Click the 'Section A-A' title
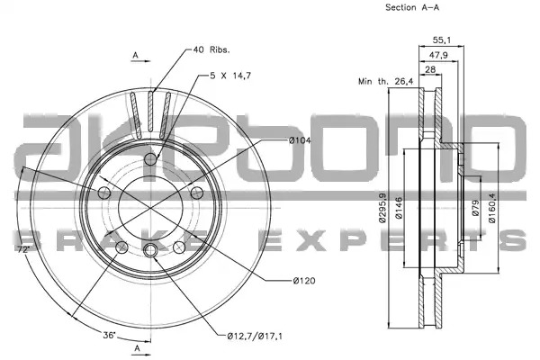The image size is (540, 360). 412,7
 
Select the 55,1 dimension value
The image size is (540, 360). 441,40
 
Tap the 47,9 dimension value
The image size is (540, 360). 438,55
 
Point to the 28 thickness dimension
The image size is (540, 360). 430,69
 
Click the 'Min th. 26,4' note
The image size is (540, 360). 386,82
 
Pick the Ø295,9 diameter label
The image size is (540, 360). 382,208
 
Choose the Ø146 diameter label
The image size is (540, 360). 399,208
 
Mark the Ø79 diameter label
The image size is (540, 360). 475,208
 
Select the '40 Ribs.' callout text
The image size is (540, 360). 211,50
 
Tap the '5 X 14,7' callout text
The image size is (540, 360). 230,76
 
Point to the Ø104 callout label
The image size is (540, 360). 300,140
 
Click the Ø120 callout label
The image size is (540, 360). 304,281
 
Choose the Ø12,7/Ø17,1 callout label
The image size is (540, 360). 255,336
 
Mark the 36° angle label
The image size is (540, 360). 109,335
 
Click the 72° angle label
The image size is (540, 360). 23,249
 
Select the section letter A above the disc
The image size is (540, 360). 136,55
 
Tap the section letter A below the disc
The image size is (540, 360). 138,348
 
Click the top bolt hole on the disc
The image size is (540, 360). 150,158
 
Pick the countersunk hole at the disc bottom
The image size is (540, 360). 150,250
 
